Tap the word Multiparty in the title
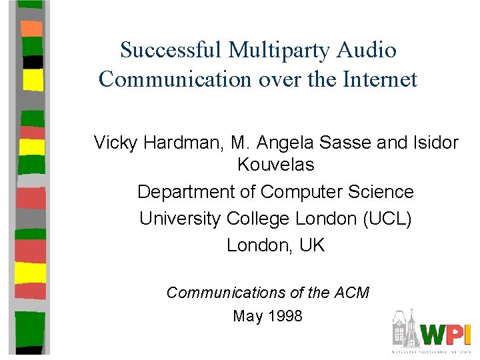click(x=280, y=50)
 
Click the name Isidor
click(x=433, y=142)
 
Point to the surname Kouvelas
click(x=275, y=164)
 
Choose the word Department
click(x=179, y=192)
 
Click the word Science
click(x=383, y=192)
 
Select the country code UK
click(x=312, y=245)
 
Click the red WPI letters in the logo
click(x=447, y=334)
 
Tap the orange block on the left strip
click(x=32, y=29)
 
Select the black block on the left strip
click(x=32, y=62)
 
